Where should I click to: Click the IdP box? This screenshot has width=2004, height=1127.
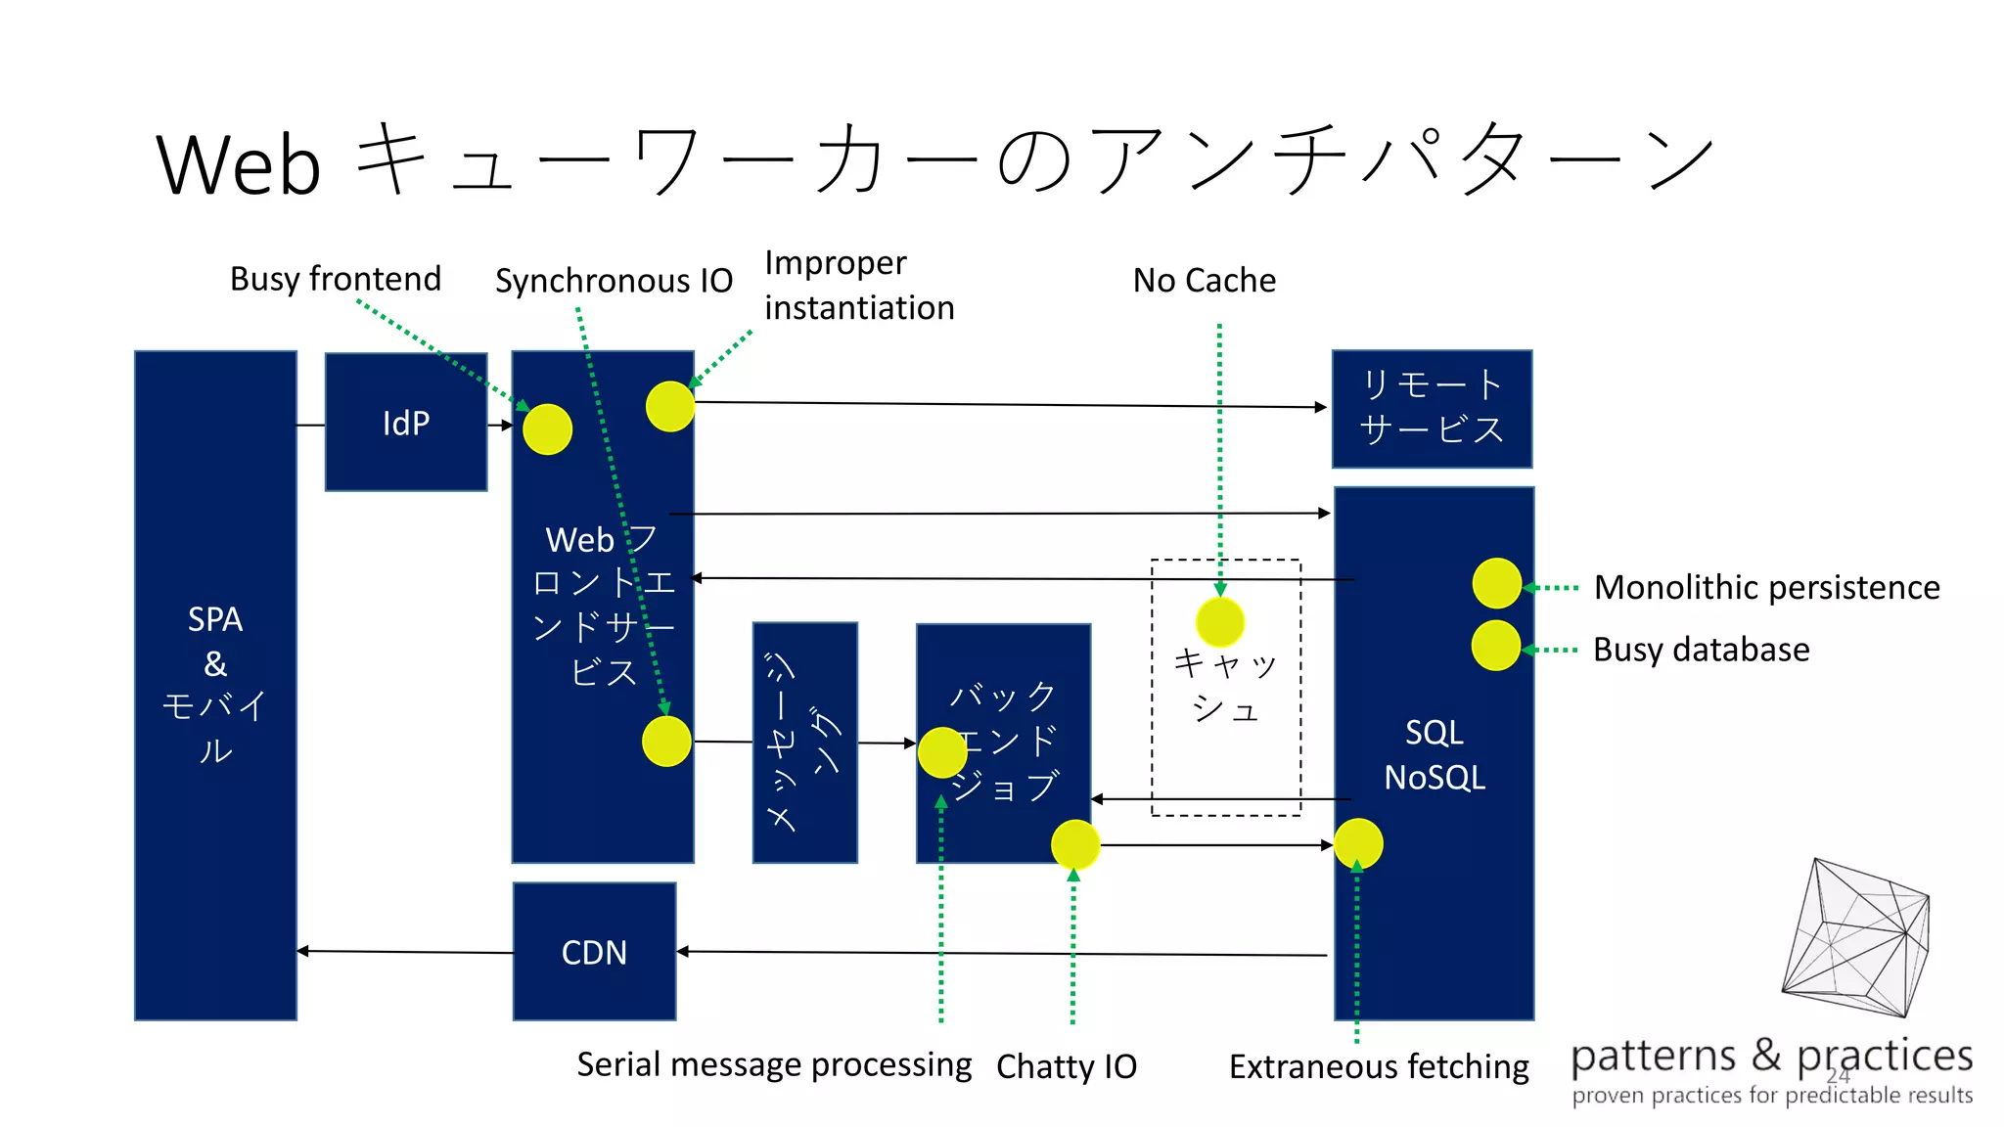[x=406, y=422]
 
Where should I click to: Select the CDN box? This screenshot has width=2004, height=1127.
[x=594, y=952]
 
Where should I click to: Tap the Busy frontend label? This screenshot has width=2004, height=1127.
[x=336, y=279]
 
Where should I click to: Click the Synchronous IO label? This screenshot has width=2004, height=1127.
[x=614, y=281]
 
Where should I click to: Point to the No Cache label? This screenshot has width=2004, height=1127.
[x=1204, y=281]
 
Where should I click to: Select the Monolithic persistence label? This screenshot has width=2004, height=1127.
[x=1766, y=587]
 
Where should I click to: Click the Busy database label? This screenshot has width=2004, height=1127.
[x=1701, y=650]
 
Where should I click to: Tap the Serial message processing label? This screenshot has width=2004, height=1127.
[x=774, y=1064]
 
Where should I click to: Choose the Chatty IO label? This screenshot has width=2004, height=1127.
[x=1067, y=1066]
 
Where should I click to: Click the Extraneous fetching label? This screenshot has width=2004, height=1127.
[x=1379, y=1066]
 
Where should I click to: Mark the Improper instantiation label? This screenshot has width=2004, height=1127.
[x=858, y=286]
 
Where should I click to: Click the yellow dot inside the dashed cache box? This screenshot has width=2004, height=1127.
[x=1220, y=622]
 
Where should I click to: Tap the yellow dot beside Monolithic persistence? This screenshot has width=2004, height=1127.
[x=1496, y=584]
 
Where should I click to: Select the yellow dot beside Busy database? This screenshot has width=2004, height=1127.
[x=1496, y=646]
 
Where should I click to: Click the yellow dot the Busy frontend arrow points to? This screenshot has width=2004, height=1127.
[x=547, y=429]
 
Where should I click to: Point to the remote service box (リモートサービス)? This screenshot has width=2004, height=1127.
[x=1432, y=408]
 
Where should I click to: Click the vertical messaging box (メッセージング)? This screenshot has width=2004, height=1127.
[x=804, y=743]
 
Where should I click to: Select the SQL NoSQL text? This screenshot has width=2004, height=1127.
[x=1435, y=755]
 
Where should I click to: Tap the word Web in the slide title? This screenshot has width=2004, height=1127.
[x=239, y=164]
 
